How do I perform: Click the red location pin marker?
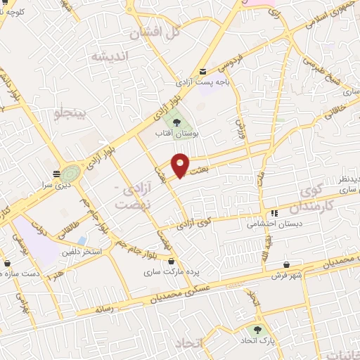point(181,165)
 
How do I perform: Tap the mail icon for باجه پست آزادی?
point(203,72)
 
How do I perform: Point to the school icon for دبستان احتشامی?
point(274,213)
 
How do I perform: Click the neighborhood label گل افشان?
point(156,32)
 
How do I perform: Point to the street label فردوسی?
point(232,62)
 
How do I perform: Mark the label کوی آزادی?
point(195,223)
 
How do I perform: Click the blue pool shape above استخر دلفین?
point(82,240)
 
